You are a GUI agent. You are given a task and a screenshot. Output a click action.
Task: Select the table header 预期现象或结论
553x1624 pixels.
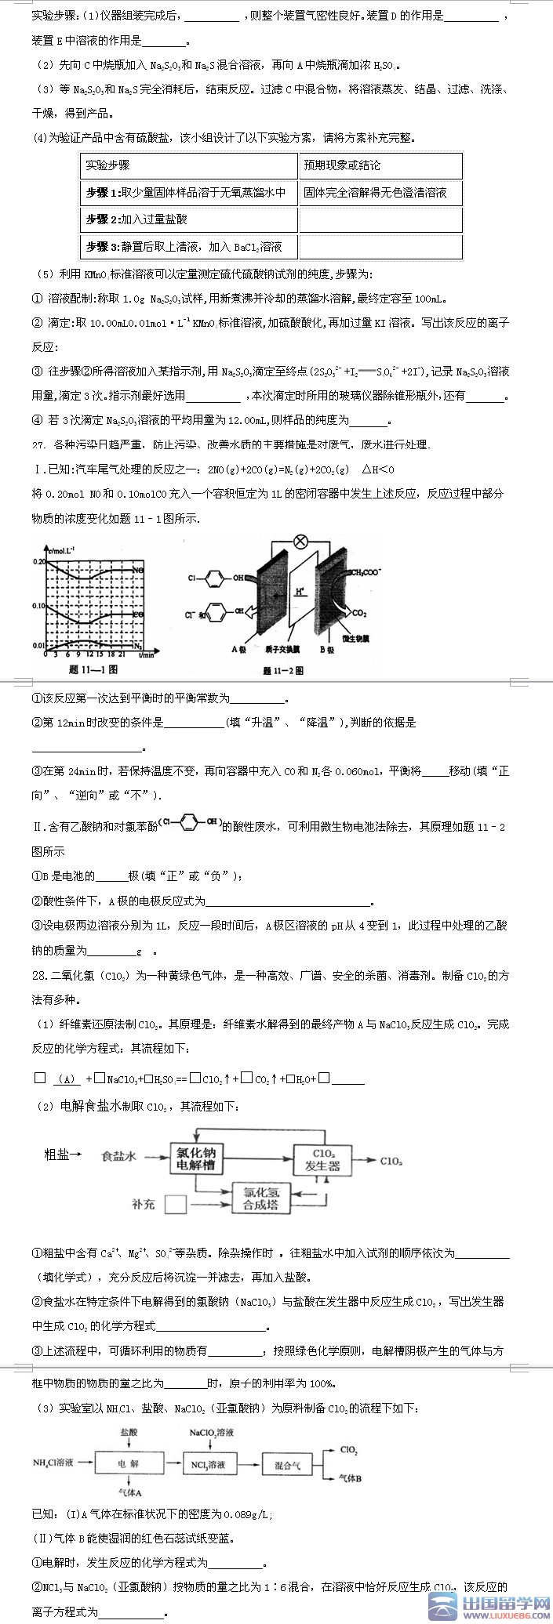[x=342, y=165]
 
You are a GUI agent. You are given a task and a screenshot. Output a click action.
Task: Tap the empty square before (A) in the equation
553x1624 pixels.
[x=39, y=1078]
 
